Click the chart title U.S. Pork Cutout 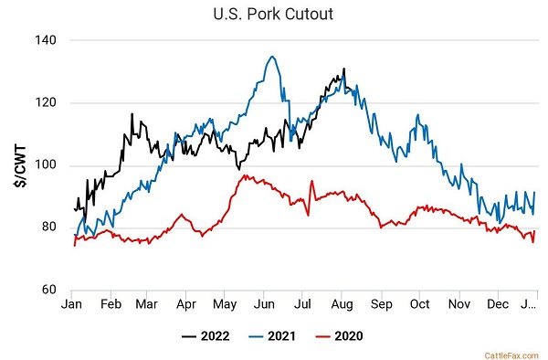pyautogui.click(x=273, y=15)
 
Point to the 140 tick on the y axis pyautogui.click(x=46, y=40)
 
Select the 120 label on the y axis pyautogui.click(x=46, y=102)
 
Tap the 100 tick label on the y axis pyautogui.click(x=46, y=165)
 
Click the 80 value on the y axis pyautogui.click(x=49, y=228)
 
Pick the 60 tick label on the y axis pyautogui.click(x=49, y=290)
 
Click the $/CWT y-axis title pyautogui.click(x=21, y=166)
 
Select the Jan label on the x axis pyautogui.click(x=71, y=304)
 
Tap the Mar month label pyautogui.click(x=146, y=304)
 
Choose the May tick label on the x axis pyautogui.click(x=225, y=305)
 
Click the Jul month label pyautogui.click(x=302, y=304)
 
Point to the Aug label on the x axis pyautogui.click(x=342, y=305)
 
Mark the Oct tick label pyautogui.click(x=419, y=304)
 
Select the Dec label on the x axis pyautogui.click(x=498, y=304)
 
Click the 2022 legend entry pyautogui.click(x=205, y=336)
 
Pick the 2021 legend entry pyautogui.click(x=272, y=336)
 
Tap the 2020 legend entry pyautogui.click(x=340, y=336)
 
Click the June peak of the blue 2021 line pyautogui.click(x=272, y=57)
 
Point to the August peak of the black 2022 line pyautogui.click(x=344, y=69)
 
